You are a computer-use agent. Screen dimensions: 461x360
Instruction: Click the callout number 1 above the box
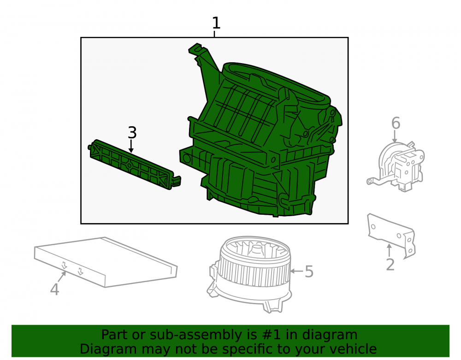(216, 23)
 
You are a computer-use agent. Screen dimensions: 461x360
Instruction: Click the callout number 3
(132, 133)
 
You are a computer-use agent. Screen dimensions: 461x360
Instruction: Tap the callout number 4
(55, 289)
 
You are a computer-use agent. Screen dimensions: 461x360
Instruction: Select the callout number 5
(309, 271)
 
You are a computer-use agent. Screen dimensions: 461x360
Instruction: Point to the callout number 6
(396, 123)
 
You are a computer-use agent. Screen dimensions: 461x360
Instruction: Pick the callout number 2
(390, 265)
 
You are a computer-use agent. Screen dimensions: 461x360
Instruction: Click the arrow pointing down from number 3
(131, 146)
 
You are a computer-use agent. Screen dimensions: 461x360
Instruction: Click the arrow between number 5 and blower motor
(297, 271)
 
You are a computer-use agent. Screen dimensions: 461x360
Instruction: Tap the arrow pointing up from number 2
(389, 251)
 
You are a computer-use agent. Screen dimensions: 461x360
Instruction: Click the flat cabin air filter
(106, 262)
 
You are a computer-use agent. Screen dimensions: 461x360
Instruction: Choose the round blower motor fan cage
(250, 273)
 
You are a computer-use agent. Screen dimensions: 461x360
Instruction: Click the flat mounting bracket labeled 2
(391, 235)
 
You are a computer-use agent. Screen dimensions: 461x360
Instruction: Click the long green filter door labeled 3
(134, 164)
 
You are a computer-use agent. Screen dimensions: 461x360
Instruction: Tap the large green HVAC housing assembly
(260, 132)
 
